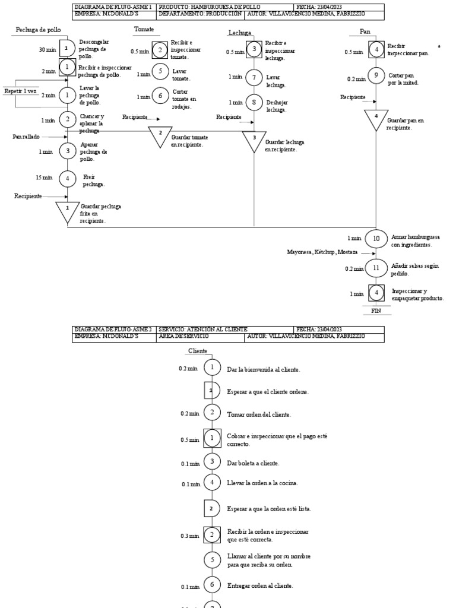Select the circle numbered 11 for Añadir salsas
(x=375, y=268)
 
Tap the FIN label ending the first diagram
(x=375, y=311)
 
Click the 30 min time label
(x=47, y=50)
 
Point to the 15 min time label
(x=43, y=178)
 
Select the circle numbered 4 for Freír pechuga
(x=68, y=178)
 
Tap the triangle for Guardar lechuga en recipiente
(x=254, y=141)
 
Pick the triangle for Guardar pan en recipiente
(x=375, y=119)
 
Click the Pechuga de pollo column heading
(x=38, y=30)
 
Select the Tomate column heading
(x=144, y=28)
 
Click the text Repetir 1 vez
(x=21, y=91)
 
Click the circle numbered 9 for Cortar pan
(x=375, y=75)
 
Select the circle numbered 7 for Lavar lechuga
(x=254, y=77)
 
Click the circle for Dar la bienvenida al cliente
(x=211, y=368)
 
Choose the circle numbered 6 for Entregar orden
(x=211, y=585)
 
